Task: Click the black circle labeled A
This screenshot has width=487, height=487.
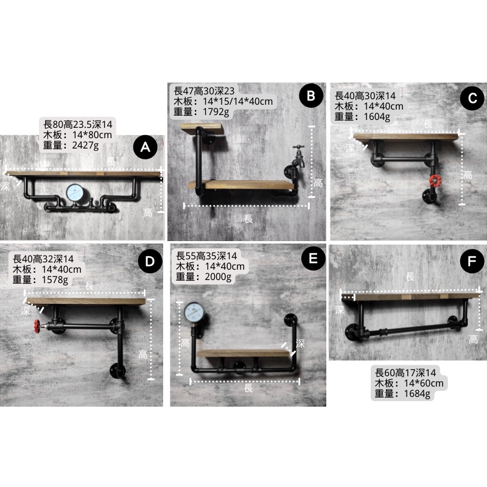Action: (x=145, y=147)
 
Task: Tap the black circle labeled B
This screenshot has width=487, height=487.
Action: (x=311, y=96)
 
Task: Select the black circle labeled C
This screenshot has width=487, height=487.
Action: (x=472, y=98)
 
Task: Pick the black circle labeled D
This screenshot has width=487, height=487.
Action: (x=150, y=261)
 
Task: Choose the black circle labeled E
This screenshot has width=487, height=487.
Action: (x=314, y=258)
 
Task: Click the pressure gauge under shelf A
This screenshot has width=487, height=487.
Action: (x=75, y=193)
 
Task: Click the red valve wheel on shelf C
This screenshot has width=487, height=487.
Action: (x=435, y=181)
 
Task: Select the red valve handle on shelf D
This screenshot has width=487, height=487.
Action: (x=37, y=326)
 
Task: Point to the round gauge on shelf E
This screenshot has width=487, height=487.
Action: (x=194, y=312)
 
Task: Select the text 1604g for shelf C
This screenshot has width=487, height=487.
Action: (x=377, y=116)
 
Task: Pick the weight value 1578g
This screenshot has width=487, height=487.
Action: (x=55, y=279)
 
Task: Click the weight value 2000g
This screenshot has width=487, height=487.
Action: (x=218, y=276)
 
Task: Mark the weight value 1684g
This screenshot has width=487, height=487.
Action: (x=417, y=393)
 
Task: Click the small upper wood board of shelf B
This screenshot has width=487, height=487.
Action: (x=202, y=128)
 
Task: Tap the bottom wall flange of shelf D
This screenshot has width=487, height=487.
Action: (x=117, y=371)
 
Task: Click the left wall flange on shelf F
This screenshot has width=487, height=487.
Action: (x=352, y=332)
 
